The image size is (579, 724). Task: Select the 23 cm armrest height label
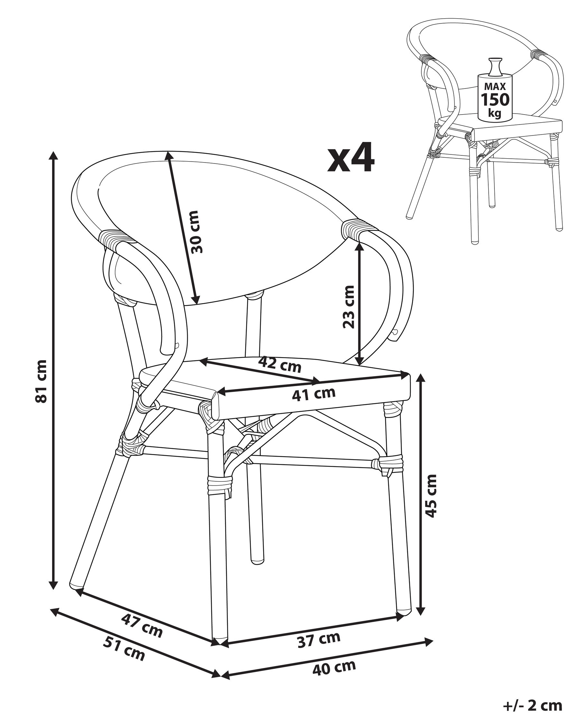pos(348,307)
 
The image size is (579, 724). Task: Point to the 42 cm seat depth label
pos(280,365)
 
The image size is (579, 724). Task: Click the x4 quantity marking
pos(351,157)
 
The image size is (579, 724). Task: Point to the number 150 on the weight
pos(495,99)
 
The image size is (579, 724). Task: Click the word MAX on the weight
pos(495,87)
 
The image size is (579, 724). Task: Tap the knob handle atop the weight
pos(495,67)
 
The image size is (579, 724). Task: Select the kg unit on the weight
pos(495,113)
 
